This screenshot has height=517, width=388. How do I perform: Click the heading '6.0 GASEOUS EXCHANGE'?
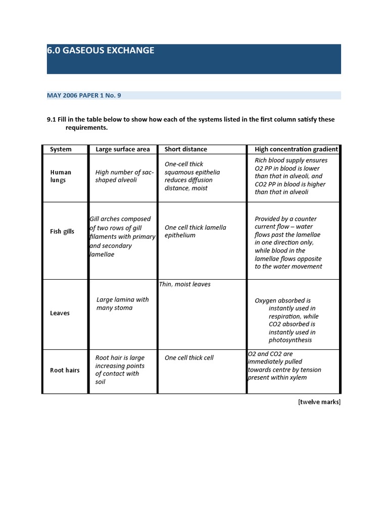click(101, 50)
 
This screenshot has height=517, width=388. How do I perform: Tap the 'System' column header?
click(61, 149)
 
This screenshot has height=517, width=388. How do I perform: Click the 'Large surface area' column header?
click(123, 149)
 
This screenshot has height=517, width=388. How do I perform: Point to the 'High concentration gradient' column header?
click(296, 149)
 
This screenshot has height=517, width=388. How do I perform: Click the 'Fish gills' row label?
click(62, 231)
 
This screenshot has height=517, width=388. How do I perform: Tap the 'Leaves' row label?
click(60, 313)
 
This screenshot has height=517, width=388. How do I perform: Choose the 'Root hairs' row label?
click(65, 370)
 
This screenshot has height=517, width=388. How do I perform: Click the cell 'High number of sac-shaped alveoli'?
click(124, 176)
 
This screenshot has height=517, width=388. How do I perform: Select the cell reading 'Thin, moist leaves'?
click(185, 284)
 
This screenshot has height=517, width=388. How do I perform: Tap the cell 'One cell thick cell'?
click(189, 357)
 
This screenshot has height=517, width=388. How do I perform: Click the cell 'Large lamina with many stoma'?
click(122, 303)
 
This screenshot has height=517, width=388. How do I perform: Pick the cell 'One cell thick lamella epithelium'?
click(195, 231)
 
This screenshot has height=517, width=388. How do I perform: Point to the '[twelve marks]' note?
click(319, 402)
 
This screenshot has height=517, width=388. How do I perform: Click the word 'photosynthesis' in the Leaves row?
click(290, 340)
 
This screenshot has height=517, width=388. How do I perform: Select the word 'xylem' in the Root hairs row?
click(298, 377)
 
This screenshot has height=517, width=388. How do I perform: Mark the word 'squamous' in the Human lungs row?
click(177, 172)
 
